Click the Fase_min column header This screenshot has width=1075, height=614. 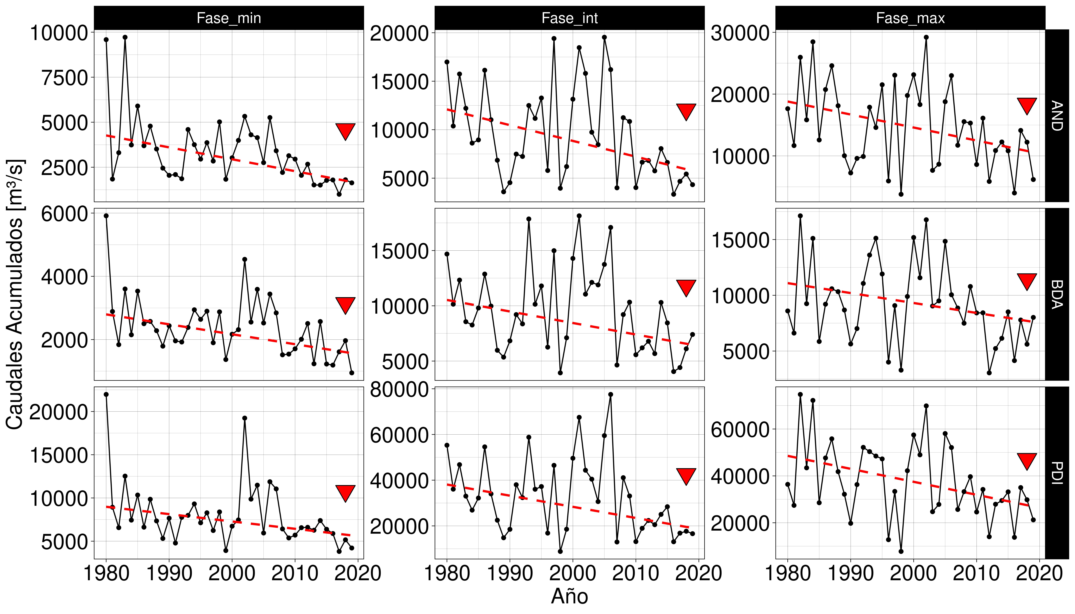coord(229,18)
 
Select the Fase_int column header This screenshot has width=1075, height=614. coord(570,18)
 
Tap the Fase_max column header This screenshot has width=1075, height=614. coord(910,18)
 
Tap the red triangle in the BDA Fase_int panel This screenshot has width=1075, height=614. coord(686,288)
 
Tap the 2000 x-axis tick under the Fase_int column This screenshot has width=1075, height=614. coord(573,574)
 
